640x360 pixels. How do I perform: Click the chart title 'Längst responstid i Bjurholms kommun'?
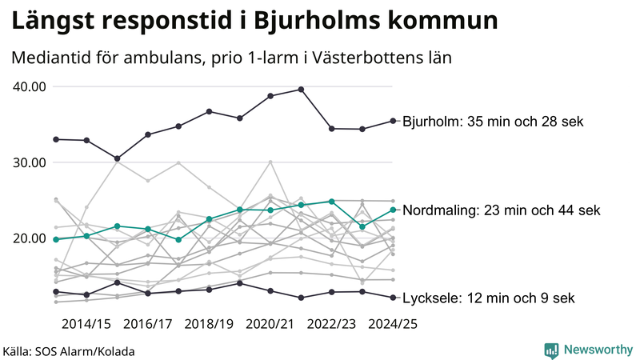coord(254,22)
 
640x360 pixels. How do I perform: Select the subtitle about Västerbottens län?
coord(232,58)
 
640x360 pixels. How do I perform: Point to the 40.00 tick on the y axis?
coord(30,86)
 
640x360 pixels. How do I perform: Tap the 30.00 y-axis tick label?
coord(30,162)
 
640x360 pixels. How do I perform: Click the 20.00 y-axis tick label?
coord(30,238)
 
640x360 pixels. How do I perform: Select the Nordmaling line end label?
coord(502,210)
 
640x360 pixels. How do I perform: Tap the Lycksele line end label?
coord(488,298)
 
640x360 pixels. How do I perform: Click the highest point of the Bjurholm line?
coord(301,89)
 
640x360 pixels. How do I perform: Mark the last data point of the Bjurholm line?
coord(393,121)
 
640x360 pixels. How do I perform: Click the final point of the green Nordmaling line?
coord(393,210)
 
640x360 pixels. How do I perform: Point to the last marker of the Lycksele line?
coord(393,298)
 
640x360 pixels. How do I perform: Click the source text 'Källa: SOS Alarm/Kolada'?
coord(69,350)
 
